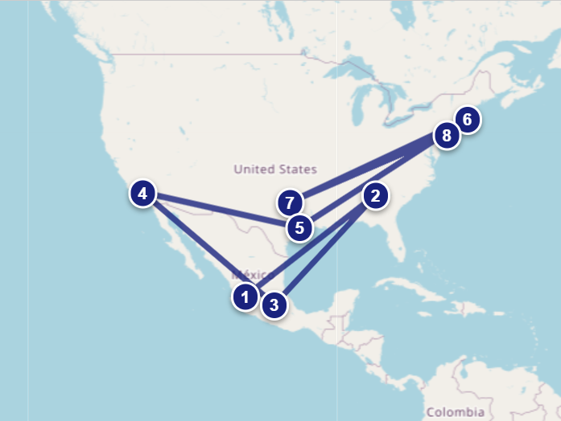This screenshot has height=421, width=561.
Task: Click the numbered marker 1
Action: click(x=245, y=297)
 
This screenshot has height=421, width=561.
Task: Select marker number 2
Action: click(x=375, y=195)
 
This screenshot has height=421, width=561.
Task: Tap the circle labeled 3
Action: click(x=274, y=305)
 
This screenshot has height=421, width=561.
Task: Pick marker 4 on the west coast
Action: click(x=143, y=194)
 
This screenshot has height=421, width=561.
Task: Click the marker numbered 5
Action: click(x=299, y=227)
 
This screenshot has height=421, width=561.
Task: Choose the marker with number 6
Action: click(x=467, y=120)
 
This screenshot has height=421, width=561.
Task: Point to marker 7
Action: click(x=291, y=202)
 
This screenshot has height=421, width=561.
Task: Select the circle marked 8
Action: click(x=446, y=135)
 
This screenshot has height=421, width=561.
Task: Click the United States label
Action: click(x=275, y=170)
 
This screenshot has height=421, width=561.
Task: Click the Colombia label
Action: click(x=456, y=411)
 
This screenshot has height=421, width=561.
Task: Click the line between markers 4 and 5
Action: click(x=217, y=210)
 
